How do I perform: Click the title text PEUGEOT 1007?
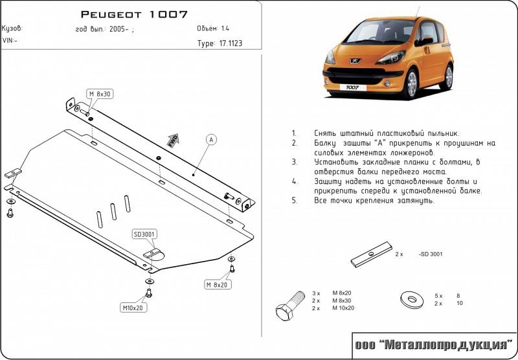tap(134, 14)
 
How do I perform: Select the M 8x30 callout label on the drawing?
tap(100, 94)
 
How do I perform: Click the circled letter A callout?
tap(212, 139)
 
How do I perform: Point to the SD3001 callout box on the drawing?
tap(145, 234)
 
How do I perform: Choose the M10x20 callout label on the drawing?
tap(133, 307)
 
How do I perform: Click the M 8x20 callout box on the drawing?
tap(217, 284)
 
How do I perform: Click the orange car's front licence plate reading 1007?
tap(352, 86)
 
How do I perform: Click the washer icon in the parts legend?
tap(410, 299)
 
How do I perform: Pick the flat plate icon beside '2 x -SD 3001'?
tap(373, 254)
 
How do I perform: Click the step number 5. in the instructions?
tap(294, 201)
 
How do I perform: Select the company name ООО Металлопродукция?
tap(433, 345)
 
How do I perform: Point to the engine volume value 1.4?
tap(225, 28)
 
